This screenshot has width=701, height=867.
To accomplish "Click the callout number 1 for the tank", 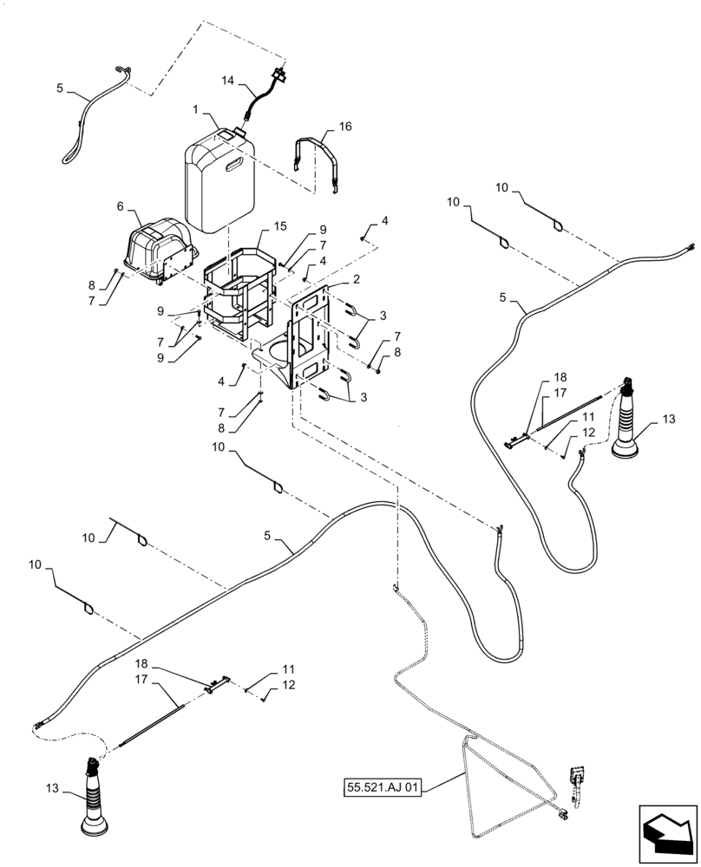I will [x=196, y=110].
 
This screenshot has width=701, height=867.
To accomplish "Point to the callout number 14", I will [x=227, y=80].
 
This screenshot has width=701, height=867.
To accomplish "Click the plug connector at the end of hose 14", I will [x=278, y=72].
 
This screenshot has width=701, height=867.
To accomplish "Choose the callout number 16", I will [x=321, y=126].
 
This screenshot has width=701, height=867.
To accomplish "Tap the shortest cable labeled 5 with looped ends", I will [x=91, y=113].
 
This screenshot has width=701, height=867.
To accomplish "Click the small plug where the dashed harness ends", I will [x=564, y=812].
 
